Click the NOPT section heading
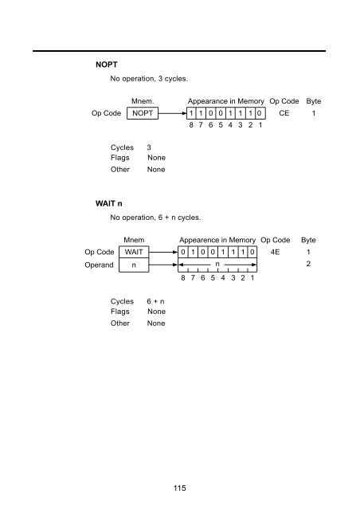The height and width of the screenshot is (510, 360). (107, 65)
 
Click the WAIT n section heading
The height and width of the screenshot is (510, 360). (108, 204)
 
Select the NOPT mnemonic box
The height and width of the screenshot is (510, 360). (143, 113)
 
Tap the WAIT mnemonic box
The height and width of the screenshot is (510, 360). (134, 252)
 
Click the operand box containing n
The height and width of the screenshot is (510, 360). (134, 265)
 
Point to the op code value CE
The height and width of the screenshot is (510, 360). (284, 113)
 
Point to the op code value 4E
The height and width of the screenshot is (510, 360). (275, 252)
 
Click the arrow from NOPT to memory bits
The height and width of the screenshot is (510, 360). (172, 113)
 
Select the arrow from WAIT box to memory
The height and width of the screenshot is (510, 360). (163, 252)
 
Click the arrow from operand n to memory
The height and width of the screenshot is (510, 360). (163, 265)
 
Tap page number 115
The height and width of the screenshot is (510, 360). (179, 488)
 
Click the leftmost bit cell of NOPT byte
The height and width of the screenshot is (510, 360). (191, 113)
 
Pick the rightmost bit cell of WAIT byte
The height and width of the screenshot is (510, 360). (252, 252)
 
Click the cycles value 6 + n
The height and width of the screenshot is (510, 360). (155, 301)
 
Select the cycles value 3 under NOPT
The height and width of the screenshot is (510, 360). (149, 147)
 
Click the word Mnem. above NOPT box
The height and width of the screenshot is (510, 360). (143, 101)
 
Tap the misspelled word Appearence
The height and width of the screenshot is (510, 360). (199, 240)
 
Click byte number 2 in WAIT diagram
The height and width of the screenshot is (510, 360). (308, 264)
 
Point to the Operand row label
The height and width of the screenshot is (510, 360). (100, 265)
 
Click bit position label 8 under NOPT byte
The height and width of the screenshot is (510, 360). (191, 125)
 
